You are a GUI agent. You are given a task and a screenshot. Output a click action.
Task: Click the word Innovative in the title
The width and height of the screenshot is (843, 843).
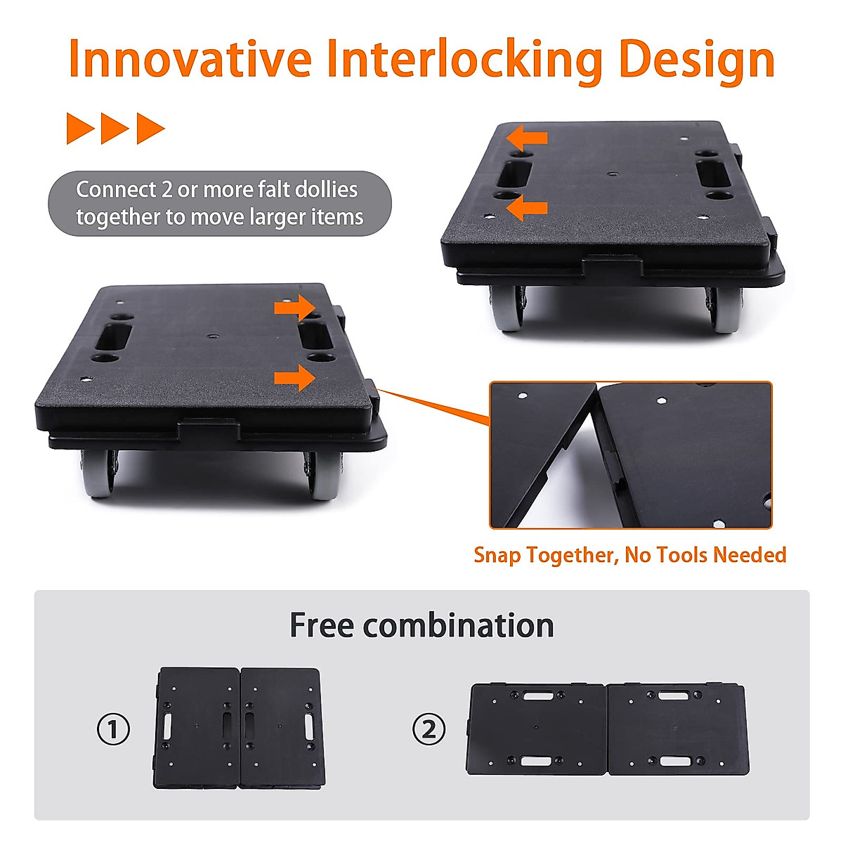[x=190, y=59]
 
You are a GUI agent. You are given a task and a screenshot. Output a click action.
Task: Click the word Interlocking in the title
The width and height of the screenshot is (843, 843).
[x=464, y=60]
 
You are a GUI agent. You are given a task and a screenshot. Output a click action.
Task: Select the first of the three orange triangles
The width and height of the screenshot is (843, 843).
[x=80, y=129]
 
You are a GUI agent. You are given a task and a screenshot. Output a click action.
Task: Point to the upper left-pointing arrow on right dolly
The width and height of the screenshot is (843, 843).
[x=528, y=136]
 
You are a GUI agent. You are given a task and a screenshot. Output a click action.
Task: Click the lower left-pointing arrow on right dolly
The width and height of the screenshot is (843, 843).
[x=528, y=207]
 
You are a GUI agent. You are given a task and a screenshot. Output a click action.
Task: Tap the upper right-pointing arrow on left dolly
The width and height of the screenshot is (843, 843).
[x=294, y=307]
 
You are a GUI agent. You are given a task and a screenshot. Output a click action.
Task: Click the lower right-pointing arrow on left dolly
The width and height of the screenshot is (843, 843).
[x=294, y=377]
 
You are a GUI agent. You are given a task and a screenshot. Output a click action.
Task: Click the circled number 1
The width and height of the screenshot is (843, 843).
[x=113, y=729]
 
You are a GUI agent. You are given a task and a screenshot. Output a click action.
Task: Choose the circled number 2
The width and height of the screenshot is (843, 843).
[x=429, y=729]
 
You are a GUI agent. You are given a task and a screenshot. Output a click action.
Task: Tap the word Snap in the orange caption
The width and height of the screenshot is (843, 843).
[x=497, y=555]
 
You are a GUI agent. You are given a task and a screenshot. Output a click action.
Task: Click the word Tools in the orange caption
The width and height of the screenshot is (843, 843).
[x=679, y=555]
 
